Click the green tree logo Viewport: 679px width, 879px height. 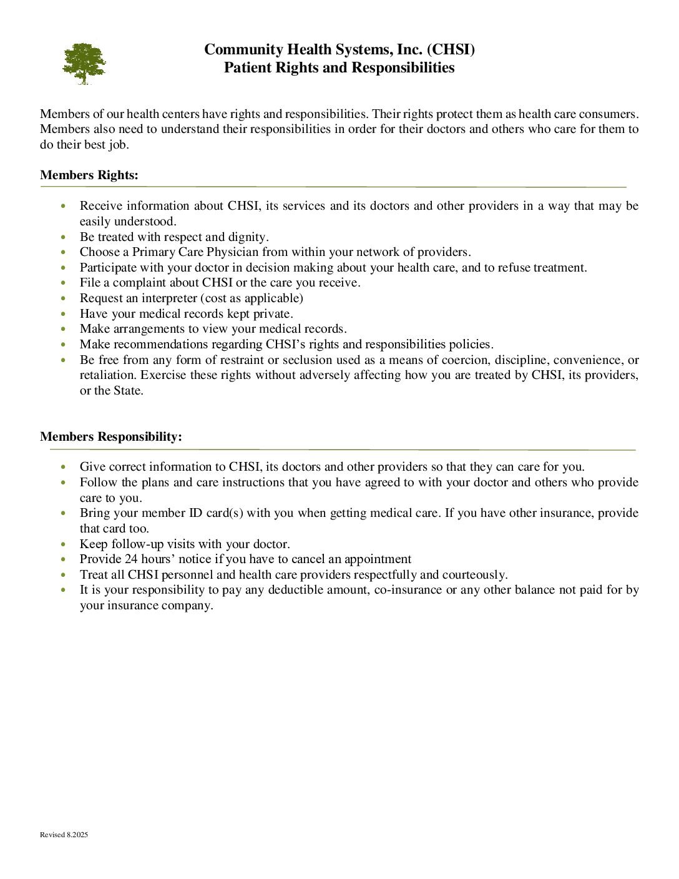84,63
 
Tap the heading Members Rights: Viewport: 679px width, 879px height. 89,175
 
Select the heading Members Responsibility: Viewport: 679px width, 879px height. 111,437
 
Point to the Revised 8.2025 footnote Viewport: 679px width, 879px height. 64,835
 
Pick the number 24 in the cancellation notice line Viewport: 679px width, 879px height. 131,559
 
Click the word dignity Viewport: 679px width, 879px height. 249,237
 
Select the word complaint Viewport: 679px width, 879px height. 142,283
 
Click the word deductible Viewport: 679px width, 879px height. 296,590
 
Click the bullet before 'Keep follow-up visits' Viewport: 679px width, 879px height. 64,544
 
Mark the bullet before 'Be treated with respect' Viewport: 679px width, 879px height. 64,237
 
